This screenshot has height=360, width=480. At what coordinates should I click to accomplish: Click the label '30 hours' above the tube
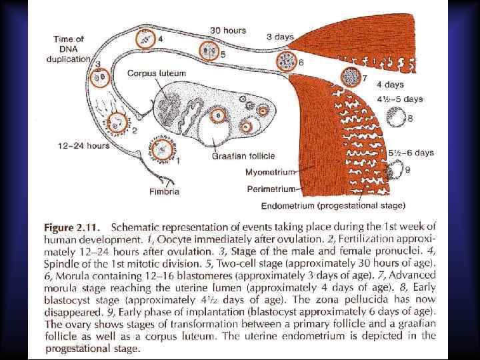coord(228,30)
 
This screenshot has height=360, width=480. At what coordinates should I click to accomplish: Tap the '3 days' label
coord(280,37)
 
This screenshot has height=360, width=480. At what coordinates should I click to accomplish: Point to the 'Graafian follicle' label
coord(244,156)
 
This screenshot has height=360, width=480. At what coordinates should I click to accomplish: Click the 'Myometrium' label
coord(270,173)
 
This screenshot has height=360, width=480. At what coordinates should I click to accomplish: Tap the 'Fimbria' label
coord(164,191)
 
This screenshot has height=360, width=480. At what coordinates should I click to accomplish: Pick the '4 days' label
coord(389,85)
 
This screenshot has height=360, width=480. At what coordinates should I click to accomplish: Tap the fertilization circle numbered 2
coord(120,121)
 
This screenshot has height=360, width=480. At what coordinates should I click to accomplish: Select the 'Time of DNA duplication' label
coord(68,49)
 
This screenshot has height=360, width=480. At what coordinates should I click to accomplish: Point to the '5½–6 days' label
coord(411,153)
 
